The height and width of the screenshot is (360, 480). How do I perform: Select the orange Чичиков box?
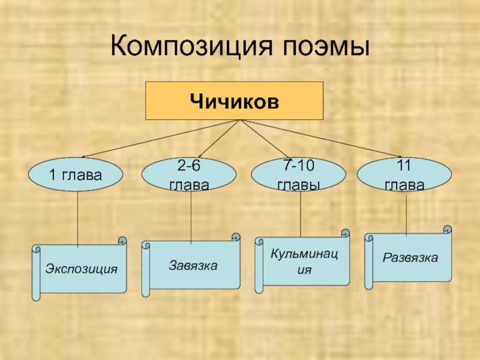[235, 101]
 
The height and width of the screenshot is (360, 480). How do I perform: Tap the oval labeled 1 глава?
[76, 175]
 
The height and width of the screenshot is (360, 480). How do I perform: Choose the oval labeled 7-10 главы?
[298, 175]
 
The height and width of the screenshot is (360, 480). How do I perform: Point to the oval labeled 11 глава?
[404, 175]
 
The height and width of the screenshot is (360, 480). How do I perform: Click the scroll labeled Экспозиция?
[81, 268]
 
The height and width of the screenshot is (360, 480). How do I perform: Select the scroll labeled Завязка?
[193, 265]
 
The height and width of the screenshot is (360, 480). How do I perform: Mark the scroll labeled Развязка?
[410, 258]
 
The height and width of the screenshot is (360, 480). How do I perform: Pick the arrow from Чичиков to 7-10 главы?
[270, 139]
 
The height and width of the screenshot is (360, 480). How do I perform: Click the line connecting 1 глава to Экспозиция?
[77, 219]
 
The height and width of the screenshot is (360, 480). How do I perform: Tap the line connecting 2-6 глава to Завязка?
[191, 216]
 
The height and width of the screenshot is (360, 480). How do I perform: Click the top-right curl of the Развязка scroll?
[447, 229]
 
